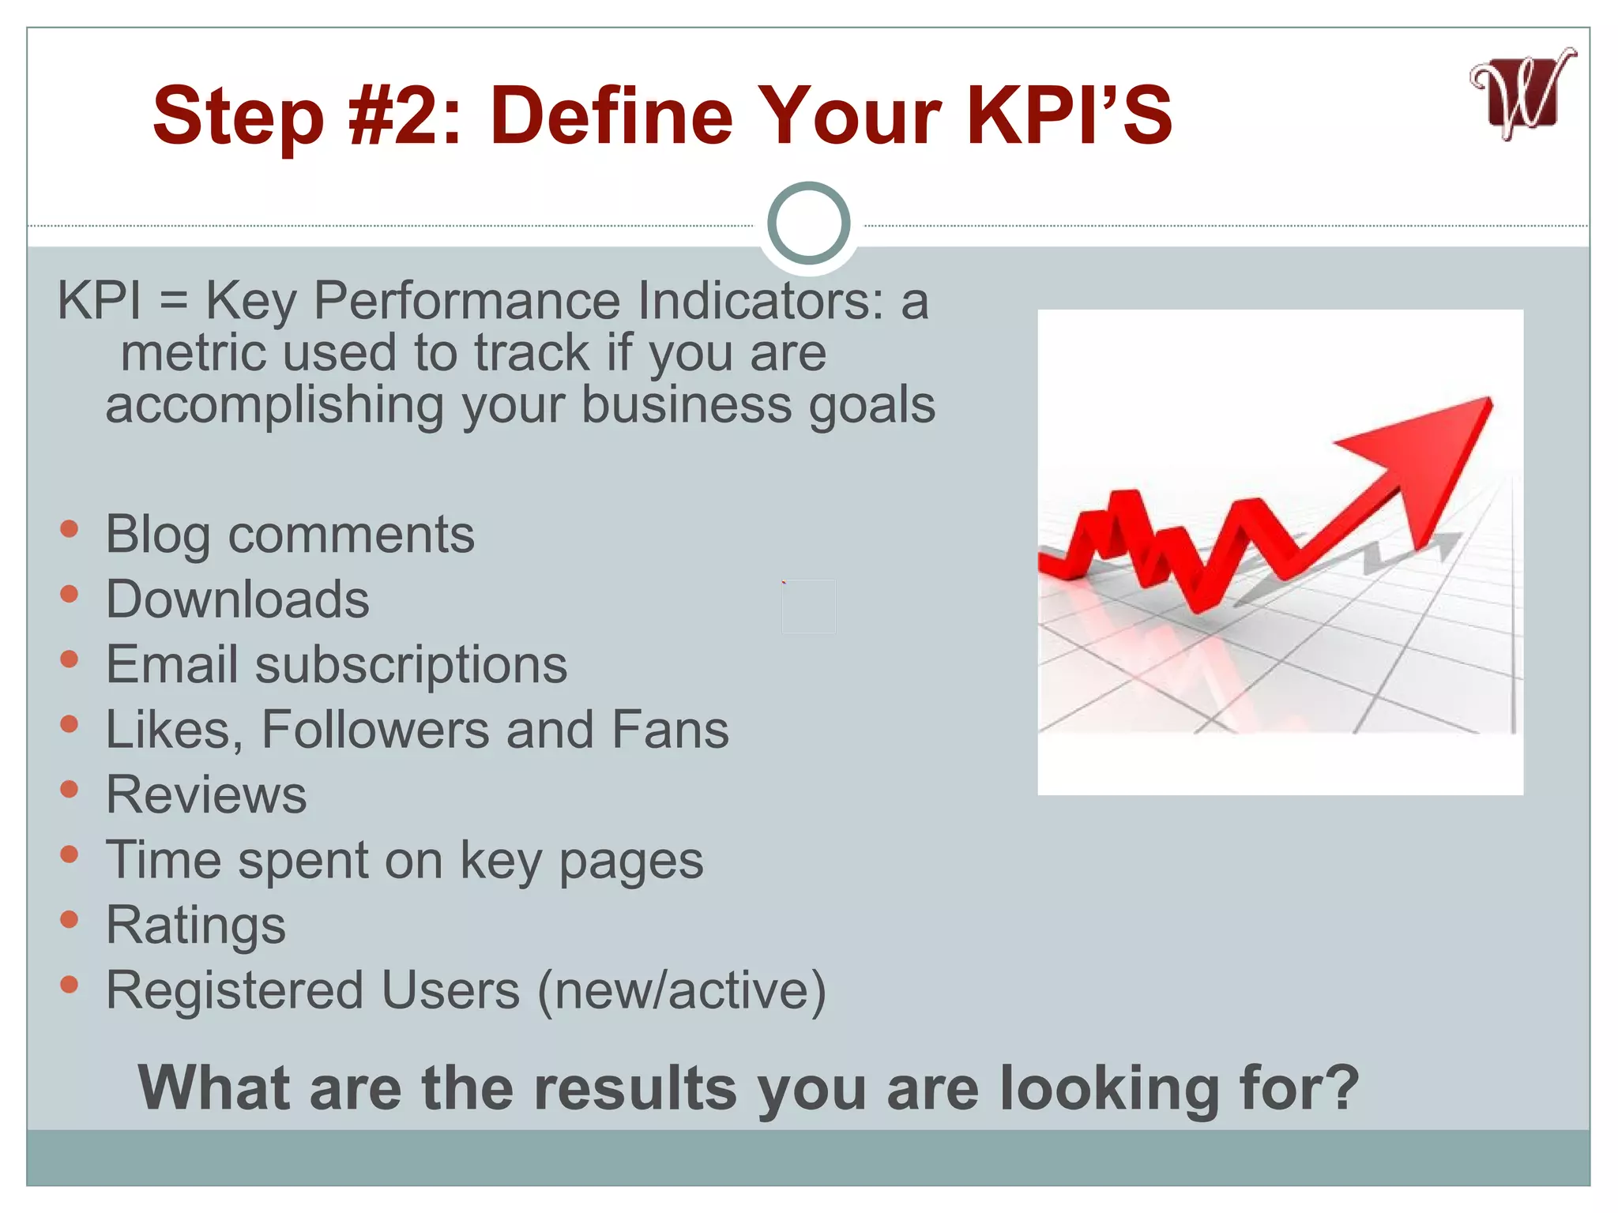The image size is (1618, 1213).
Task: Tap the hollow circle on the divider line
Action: [x=808, y=223]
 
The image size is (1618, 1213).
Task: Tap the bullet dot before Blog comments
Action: [x=70, y=528]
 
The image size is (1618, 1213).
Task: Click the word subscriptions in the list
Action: [x=411, y=665]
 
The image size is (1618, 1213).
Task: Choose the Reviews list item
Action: [x=206, y=794]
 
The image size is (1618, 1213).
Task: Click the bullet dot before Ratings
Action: [x=70, y=918]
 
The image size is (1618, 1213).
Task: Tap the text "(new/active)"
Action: [x=681, y=990]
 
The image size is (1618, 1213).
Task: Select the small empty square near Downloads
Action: [x=808, y=606]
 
